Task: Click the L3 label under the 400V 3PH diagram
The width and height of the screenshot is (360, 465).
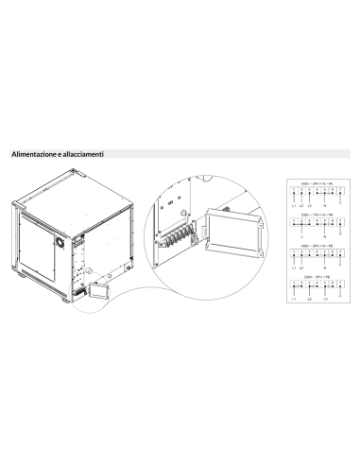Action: (x=309, y=205)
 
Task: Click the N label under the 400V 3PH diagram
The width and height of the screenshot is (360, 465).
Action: (x=325, y=205)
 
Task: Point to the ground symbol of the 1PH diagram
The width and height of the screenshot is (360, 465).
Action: (x=339, y=232)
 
